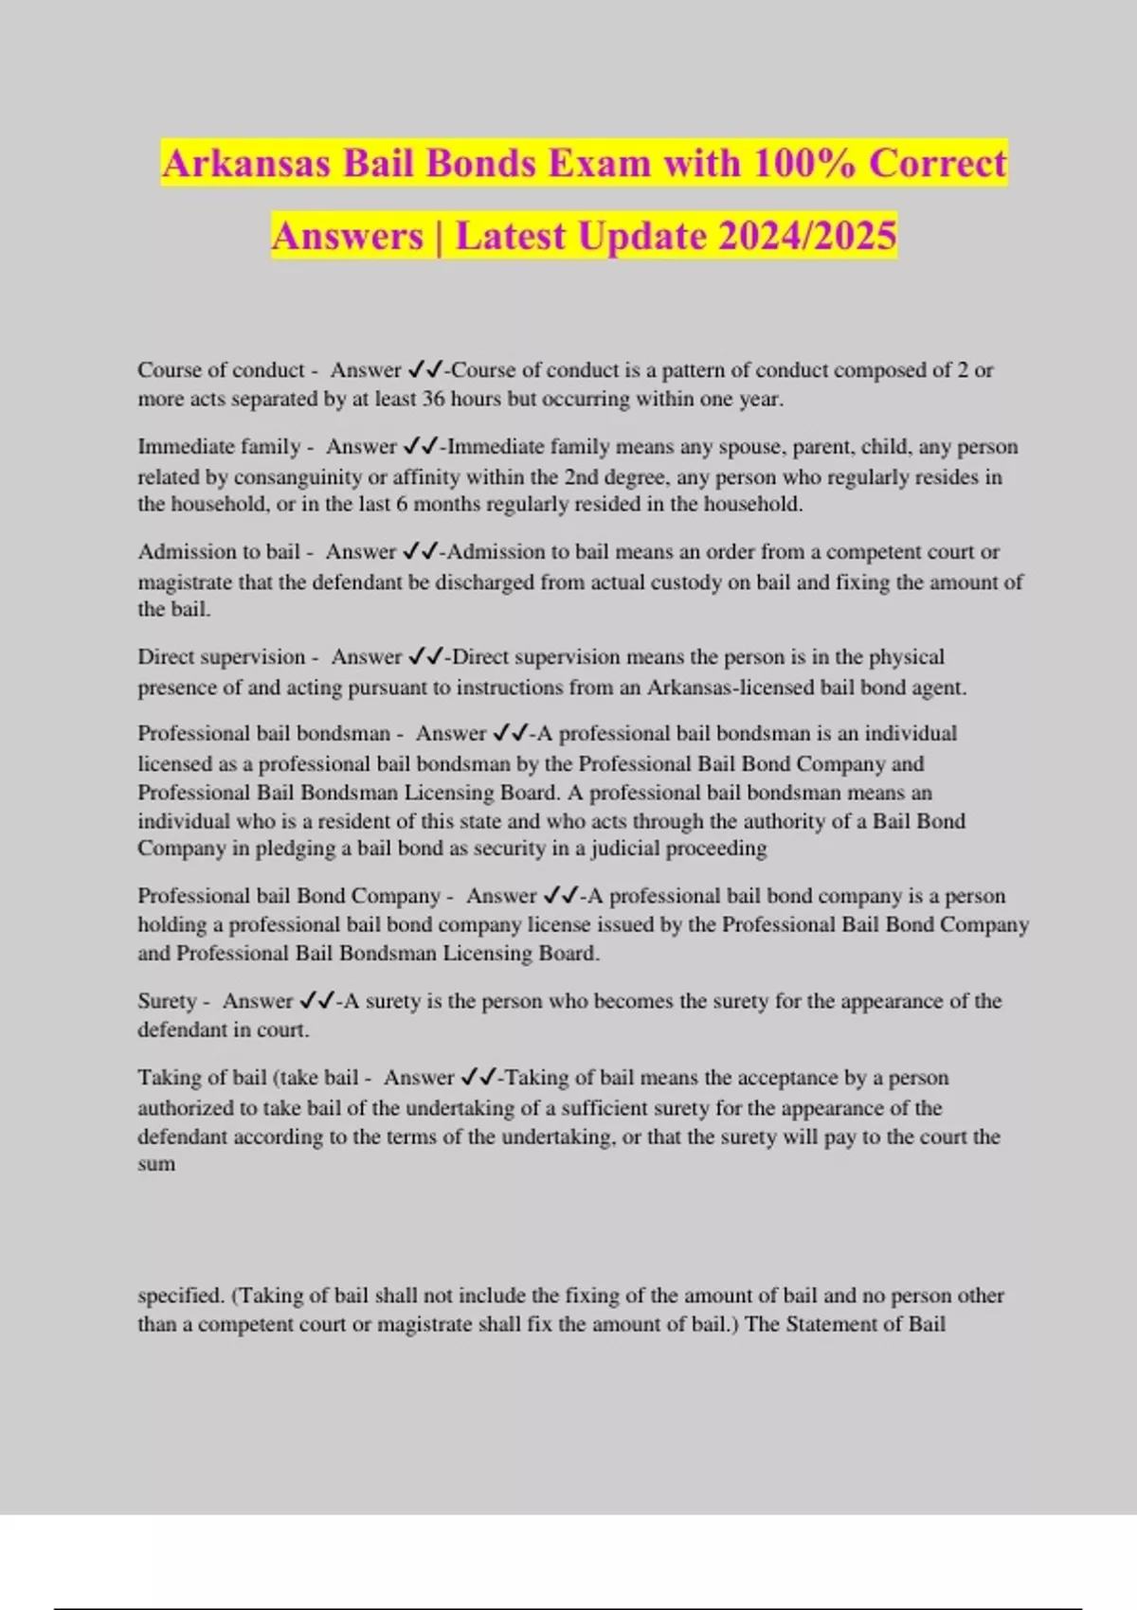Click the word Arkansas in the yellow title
point(245,164)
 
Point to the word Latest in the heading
point(511,236)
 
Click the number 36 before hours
point(433,399)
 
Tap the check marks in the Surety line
point(316,1000)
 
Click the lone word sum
point(156,1164)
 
